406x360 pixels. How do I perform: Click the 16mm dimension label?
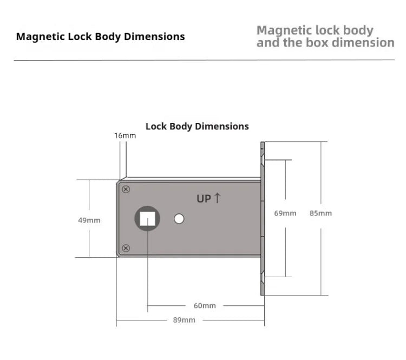click(125, 135)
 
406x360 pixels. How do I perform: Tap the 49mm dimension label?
click(89, 220)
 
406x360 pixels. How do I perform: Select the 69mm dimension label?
click(285, 213)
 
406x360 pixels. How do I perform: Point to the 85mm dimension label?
click(320, 213)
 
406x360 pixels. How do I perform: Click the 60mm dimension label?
click(205, 306)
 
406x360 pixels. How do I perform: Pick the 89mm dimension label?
click(184, 320)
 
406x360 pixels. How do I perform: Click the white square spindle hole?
click(147, 219)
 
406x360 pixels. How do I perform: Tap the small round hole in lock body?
click(179, 219)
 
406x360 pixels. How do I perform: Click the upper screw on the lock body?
click(126, 189)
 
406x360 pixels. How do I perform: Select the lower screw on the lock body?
click(126, 248)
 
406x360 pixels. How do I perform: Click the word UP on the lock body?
click(204, 199)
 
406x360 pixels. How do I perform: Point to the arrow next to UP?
click(217, 198)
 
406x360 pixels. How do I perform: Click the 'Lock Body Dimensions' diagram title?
click(197, 126)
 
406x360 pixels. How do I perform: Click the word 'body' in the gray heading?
click(358, 30)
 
